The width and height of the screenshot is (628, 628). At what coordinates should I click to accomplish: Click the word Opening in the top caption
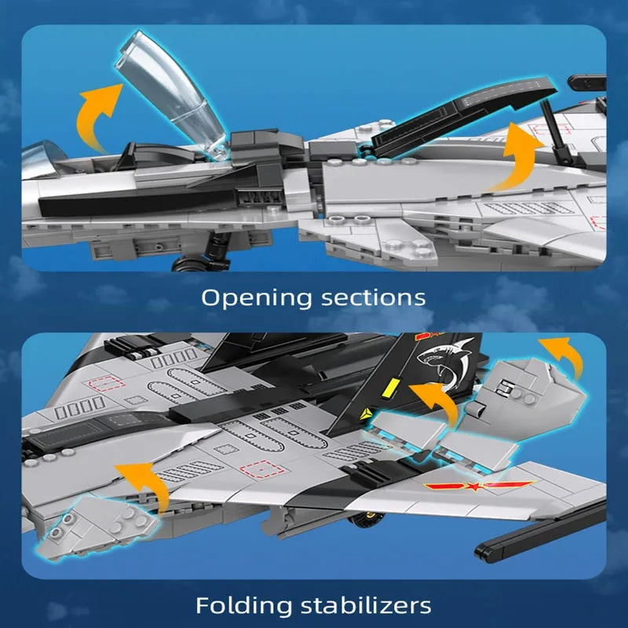(x=257, y=298)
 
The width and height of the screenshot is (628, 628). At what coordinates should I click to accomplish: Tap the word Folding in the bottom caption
(x=243, y=604)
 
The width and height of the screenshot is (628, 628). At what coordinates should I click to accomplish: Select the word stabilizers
(x=366, y=604)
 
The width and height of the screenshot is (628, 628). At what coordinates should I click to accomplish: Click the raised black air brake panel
(x=461, y=114)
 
